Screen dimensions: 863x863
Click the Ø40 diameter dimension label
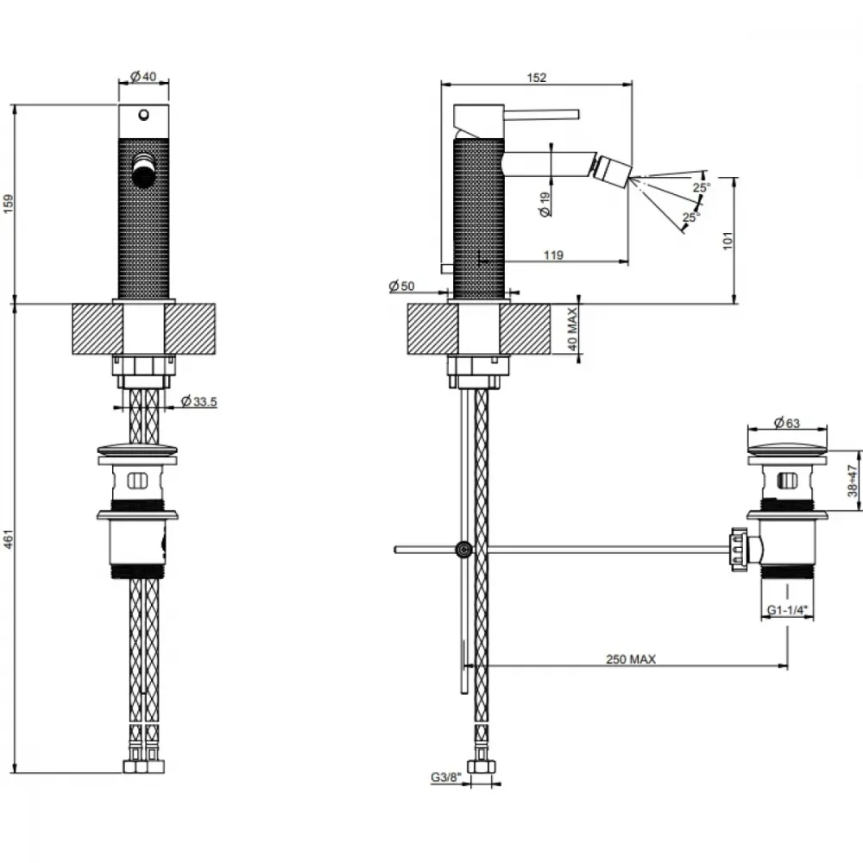coord(143,77)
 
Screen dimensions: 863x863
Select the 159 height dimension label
coord(9,204)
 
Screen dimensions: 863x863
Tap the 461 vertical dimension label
coord(9,539)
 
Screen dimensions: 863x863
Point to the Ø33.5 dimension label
coord(198,401)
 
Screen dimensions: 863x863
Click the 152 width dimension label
coord(537,78)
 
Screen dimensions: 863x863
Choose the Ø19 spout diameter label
coord(545,205)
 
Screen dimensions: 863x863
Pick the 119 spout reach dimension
coord(553,255)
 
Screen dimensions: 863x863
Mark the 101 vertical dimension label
coord(728,241)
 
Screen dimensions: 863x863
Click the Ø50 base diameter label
coord(401,286)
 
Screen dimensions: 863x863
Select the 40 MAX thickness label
coord(572,329)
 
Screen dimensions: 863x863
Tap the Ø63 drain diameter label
coord(786,423)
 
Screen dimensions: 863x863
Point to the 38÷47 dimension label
coord(853,481)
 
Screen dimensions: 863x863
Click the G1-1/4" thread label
coord(787,610)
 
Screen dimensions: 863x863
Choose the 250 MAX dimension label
coord(631,658)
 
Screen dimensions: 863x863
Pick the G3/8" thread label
coord(444,778)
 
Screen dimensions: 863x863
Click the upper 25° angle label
coord(702,187)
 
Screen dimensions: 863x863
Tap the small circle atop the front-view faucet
coord(143,115)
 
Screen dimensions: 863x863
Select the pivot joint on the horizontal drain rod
coord(464,549)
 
